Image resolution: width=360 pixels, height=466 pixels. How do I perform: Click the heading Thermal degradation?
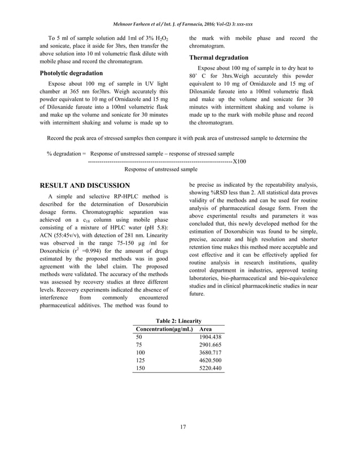coord(218,58)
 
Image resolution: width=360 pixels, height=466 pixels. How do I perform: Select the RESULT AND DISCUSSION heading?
coord(85,185)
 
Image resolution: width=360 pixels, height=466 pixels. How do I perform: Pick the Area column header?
coord(207,329)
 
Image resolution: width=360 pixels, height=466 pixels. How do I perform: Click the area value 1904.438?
coord(210,337)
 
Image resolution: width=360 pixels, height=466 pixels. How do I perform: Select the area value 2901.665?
coord(210,345)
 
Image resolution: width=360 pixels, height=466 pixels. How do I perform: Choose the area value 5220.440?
coord(210,368)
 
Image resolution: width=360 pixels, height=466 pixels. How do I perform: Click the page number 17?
coord(181,426)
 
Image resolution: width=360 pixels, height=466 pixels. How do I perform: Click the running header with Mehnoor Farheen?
coord(180,25)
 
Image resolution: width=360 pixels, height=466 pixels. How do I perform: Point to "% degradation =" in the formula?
coord(67,153)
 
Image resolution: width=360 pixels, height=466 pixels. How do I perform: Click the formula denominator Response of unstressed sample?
coord(161,169)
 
